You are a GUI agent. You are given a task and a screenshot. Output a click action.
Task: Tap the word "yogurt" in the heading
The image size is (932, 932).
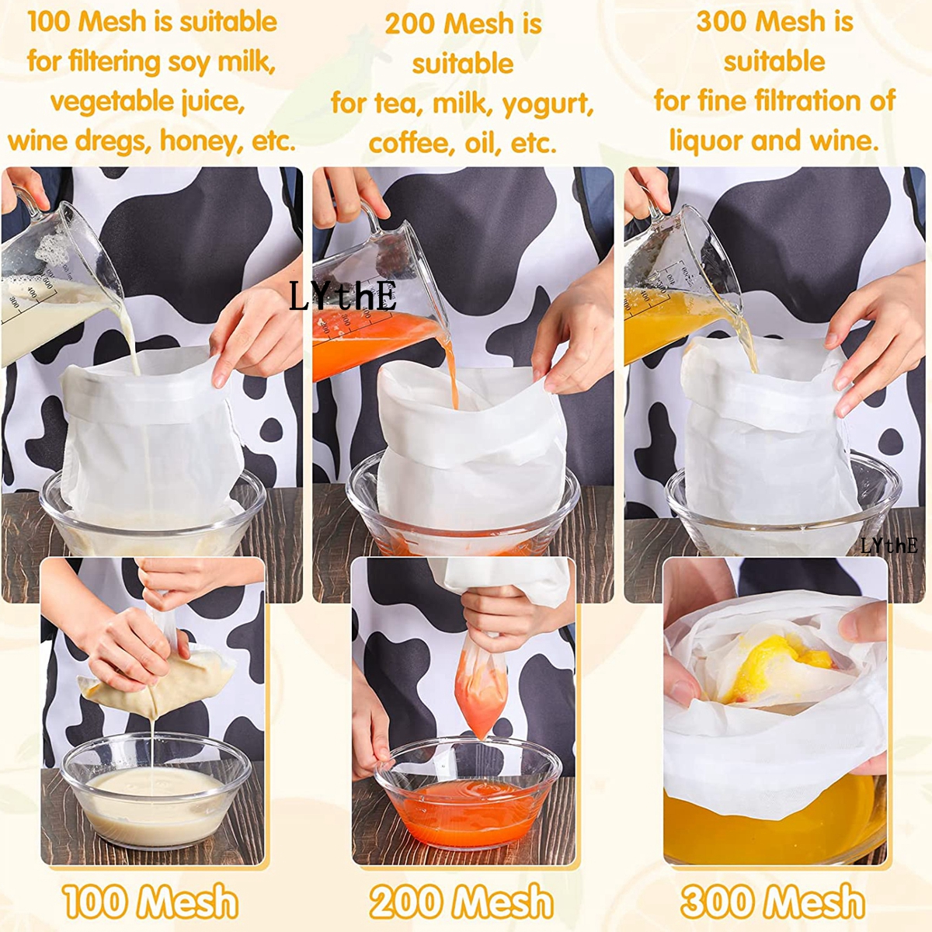coord(548,103)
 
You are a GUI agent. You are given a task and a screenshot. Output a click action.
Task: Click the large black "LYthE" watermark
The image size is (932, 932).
coord(343,295)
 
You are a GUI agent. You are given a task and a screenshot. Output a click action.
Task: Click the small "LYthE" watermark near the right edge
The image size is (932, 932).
coord(889,545)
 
